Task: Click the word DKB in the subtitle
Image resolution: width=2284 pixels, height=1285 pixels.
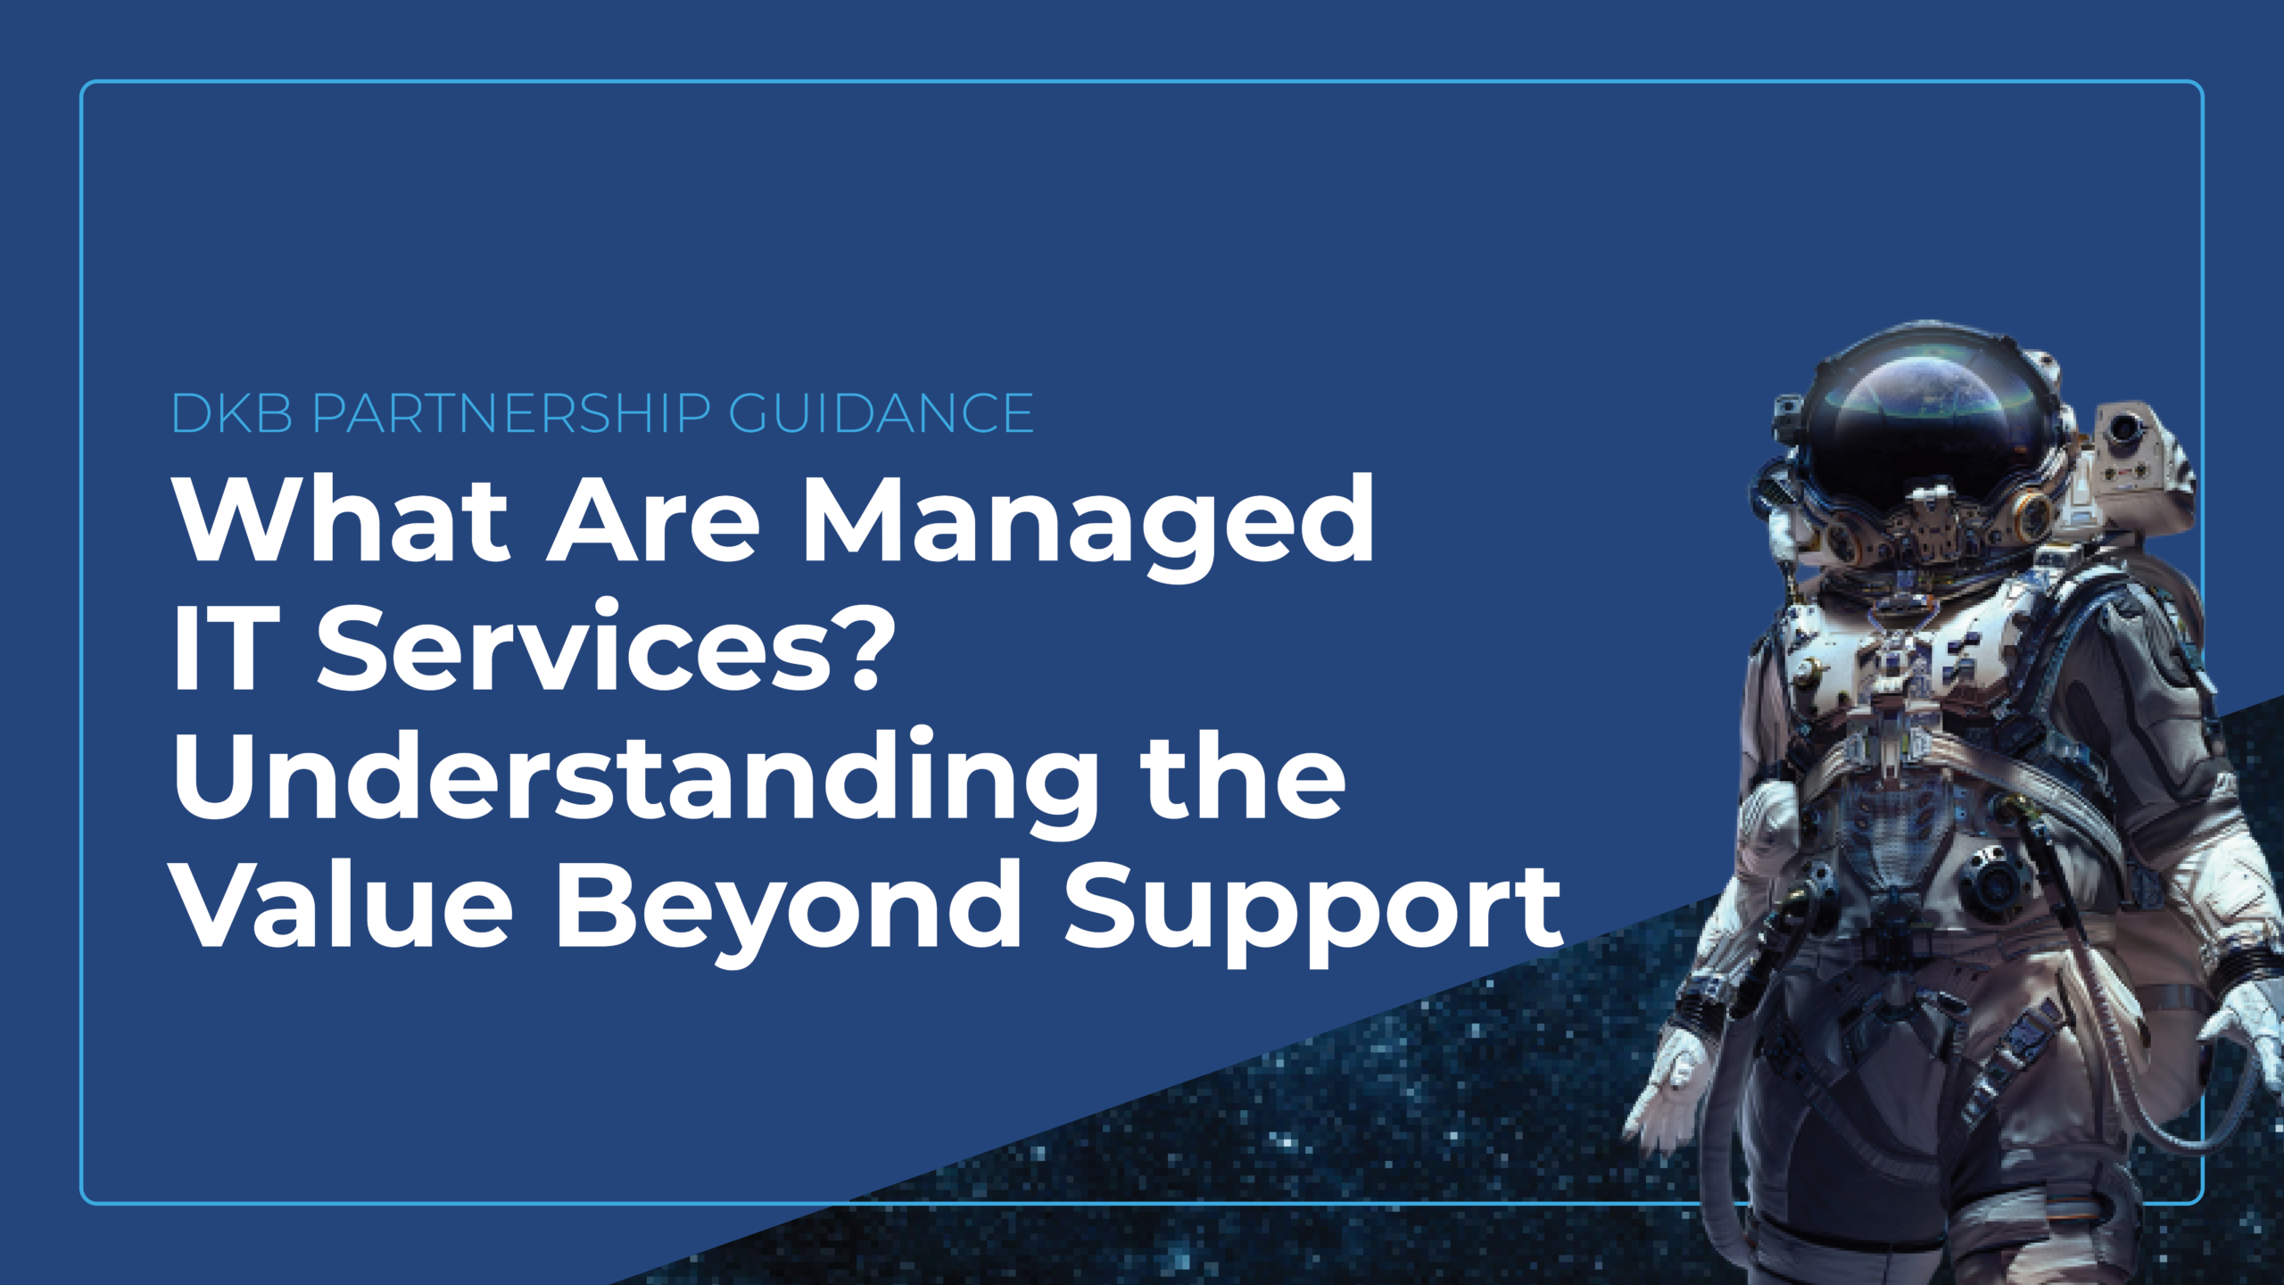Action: [x=232, y=413]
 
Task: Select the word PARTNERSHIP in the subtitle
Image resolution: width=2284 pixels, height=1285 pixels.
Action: [x=511, y=413]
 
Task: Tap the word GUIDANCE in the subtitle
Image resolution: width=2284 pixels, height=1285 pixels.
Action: [x=881, y=413]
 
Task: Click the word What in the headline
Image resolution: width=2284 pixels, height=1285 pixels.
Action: [x=342, y=519]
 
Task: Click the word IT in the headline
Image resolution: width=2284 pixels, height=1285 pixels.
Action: [x=220, y=648]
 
